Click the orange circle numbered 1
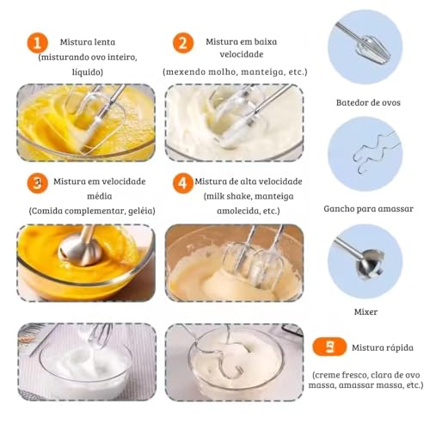tap(36, 44)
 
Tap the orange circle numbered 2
tap(182, 44)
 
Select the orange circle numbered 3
tap(36, 183)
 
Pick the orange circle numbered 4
tap(181, 183)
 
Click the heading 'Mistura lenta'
tap(88, 41)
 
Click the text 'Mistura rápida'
tap(382, 348)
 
